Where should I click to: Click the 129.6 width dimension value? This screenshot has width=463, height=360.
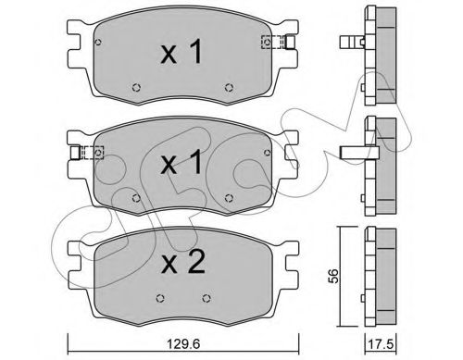183,343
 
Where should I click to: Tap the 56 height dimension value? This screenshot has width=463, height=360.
333,276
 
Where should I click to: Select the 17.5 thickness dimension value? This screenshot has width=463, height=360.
382,344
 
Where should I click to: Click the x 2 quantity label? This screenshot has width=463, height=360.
183,263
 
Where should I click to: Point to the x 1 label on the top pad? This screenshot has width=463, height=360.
181,52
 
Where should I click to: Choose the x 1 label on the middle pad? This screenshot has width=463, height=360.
181,162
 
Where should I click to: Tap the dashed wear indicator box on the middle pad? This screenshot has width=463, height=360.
92,153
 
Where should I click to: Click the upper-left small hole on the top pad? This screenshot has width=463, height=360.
98,42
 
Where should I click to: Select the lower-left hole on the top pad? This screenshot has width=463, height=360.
136,88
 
